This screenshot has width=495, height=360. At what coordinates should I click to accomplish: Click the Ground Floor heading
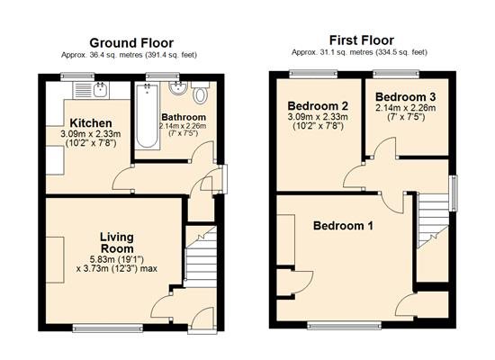(x=131, y=42)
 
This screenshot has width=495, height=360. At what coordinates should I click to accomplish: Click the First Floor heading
(x=362, y=40)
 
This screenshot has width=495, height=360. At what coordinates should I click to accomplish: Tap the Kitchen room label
(x=91, y=122)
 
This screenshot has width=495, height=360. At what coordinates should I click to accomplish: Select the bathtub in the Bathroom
(x=147, y=115)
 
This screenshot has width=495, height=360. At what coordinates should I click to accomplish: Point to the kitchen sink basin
(x=101, y=90)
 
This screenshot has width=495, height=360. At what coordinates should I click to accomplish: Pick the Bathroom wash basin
(x=178, y=88)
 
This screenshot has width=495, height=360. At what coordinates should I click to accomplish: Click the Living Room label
(x=117, y=242)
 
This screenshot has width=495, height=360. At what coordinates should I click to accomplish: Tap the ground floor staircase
(x=201, y=256)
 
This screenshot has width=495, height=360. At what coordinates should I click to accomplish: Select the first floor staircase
(x=433, y=221)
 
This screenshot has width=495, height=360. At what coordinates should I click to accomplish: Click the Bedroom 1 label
(x=343, y=226)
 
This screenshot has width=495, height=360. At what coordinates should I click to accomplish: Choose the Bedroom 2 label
(x=318, y=105)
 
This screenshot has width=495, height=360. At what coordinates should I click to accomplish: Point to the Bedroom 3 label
(x=406, y=96)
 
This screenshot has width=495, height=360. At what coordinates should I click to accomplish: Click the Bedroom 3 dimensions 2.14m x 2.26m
(x=406, y=108)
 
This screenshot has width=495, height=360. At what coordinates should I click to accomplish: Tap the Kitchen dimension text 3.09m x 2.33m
(x=91, y=134)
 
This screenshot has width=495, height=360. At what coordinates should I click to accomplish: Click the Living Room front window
(x=108, y=328)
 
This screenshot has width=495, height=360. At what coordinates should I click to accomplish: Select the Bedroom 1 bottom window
(x=345, y=326)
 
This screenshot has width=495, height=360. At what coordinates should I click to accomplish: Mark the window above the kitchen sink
(x=77, y=76)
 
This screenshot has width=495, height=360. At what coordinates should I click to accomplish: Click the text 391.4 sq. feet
(x=171, y=55)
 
